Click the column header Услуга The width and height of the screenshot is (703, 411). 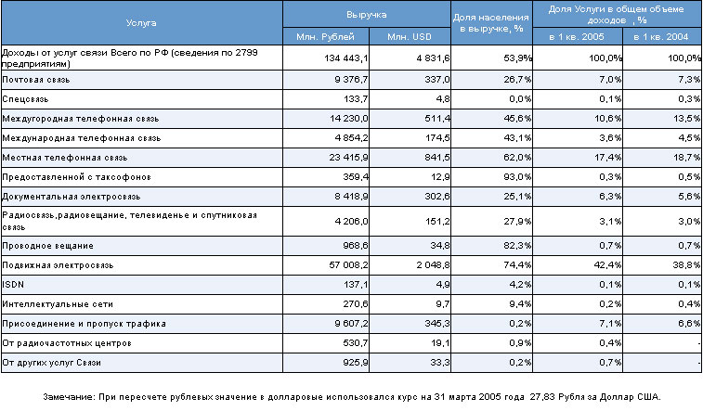point(141,23)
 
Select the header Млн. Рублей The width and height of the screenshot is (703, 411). point(325,37)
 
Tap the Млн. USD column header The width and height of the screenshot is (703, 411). point(410,37)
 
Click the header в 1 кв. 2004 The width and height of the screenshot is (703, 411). point(661,37)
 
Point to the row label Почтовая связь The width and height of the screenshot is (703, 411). point(36,80)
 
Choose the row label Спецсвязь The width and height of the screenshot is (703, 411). point(25,99)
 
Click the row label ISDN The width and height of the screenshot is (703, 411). point(13,284)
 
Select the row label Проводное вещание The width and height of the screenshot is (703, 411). point(48,246)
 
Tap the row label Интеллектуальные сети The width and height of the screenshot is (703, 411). point(58,304)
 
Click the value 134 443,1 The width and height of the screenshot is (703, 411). point(346,58)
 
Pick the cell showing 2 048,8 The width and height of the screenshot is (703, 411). point(433,265)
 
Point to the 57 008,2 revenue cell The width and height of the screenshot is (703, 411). point(348,265)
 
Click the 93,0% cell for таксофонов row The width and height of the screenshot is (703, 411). point(517,177)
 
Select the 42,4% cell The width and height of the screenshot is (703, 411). point(607,265)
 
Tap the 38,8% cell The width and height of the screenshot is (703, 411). point(686,265)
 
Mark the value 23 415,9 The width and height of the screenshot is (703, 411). point(348,158)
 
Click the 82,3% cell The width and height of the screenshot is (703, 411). point(517,246)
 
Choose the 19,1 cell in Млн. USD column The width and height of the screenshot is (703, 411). point(440,343)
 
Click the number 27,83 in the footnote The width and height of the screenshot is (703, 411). point(542,397)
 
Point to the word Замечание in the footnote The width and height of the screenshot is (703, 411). point(69,397)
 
